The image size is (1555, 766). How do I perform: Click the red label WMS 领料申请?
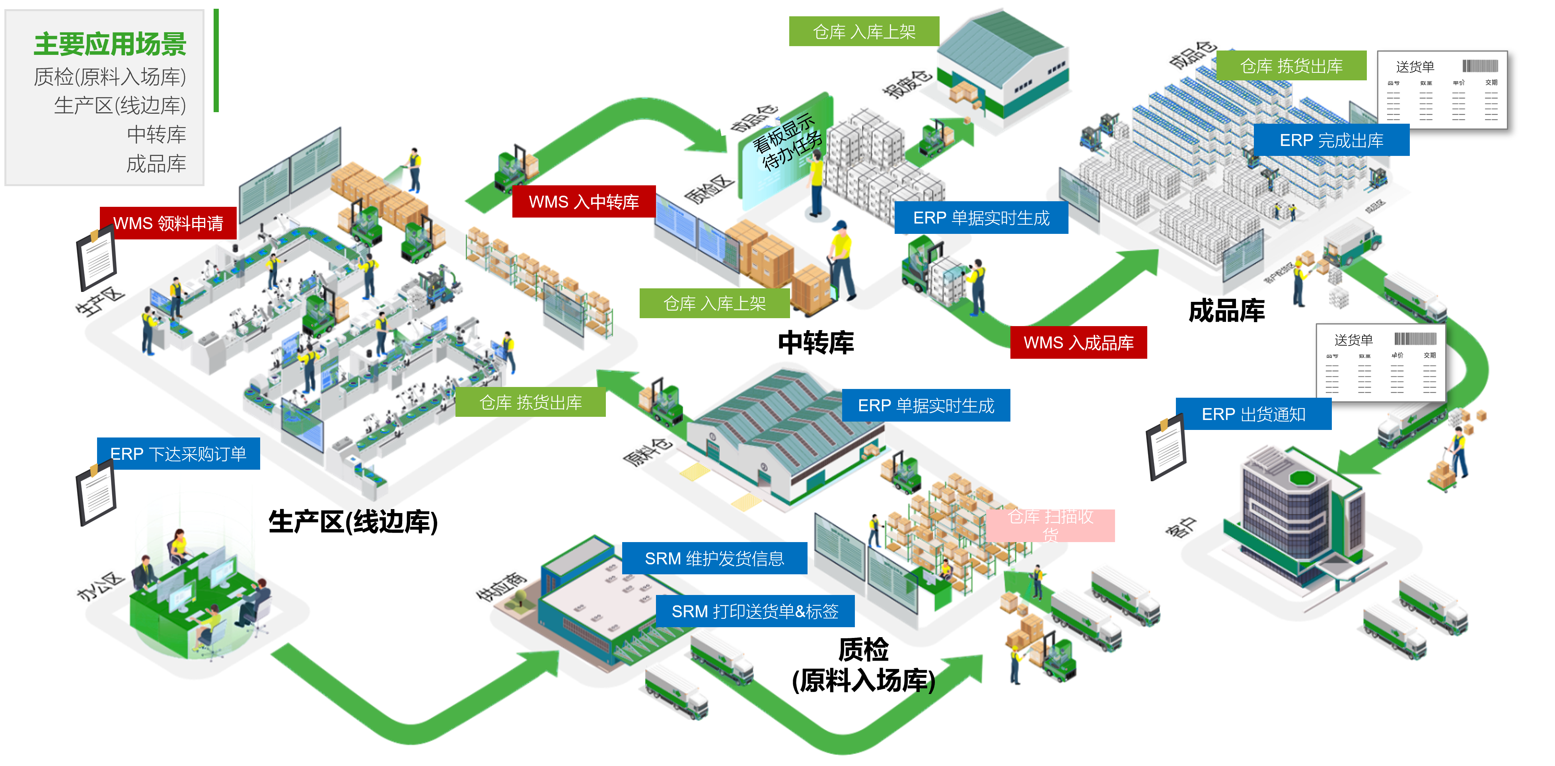coord(168,224)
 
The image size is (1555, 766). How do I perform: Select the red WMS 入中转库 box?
coord(584,202)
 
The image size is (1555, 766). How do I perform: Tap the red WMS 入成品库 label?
coord(1079,343)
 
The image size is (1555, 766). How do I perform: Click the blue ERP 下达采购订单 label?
coord(178,454)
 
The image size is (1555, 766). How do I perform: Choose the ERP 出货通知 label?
coord(1254,414)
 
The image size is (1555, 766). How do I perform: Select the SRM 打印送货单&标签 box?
coord(755,611)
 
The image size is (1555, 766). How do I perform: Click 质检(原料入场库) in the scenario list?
coord(110,77)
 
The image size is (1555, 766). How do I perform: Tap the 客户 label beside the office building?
coord(1181,526)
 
